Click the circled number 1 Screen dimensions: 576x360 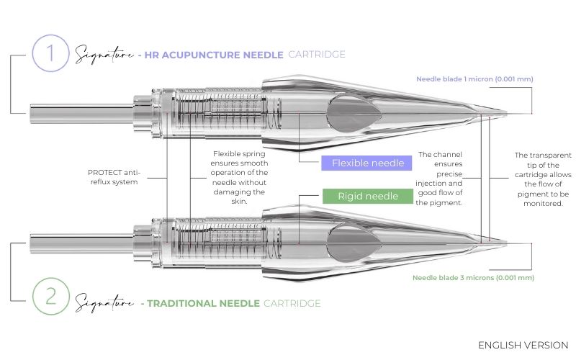coord(50,53)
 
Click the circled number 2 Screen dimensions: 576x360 coord(50,296)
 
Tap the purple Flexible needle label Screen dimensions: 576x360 coord(366,163)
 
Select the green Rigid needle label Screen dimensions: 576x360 coord(368,196)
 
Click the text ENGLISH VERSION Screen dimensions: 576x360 coord(523,346)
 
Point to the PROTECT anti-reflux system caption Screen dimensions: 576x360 coord(114,177)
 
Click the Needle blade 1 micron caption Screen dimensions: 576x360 coord(474,79)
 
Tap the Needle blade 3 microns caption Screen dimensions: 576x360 coord(473,278)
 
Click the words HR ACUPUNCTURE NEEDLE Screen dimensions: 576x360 coord(214,55)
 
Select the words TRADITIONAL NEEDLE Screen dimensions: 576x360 coord(204,303)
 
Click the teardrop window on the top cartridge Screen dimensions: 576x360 coord(354,114)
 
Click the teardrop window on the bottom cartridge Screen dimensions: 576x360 coord(354,243)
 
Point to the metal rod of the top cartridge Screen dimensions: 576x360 coord(82,114)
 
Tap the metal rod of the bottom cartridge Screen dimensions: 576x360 coord(82,243)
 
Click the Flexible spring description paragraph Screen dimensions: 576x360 coord(239,177)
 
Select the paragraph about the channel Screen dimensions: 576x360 coord(439,179)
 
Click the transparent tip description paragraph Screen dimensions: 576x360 coord(543,179)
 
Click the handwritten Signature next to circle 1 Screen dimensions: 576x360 coord(104,55)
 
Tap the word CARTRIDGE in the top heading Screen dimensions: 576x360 coord(317,55)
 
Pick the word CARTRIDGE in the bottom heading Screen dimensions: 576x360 coord(292,303)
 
